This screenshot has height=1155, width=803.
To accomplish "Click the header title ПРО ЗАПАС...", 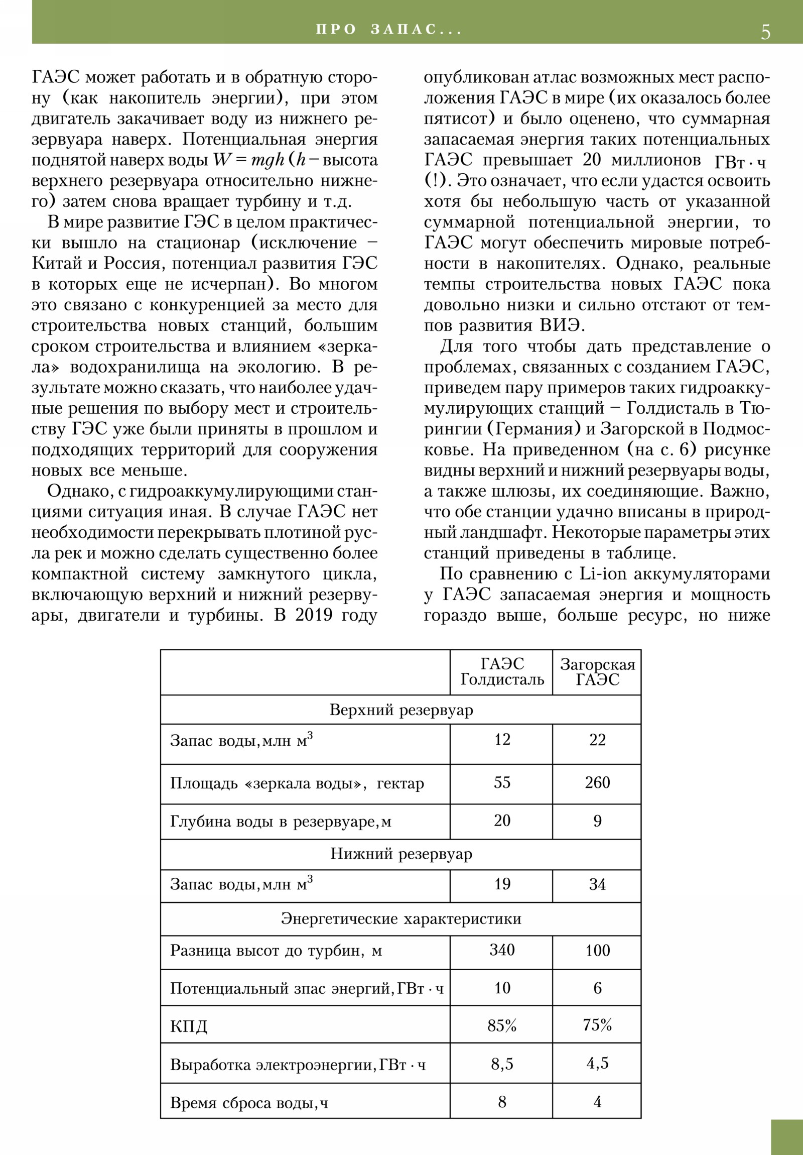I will [388, 30].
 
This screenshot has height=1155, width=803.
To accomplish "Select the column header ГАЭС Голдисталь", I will [502, 672].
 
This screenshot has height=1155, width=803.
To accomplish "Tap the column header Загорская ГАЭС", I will [597, 672].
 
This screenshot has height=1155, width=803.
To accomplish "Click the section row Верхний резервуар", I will [400, 710].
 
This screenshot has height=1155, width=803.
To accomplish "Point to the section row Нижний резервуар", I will [400, 854].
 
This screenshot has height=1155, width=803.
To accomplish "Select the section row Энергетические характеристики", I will [400, 918].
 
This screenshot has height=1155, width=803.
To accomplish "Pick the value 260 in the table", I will [597, 783].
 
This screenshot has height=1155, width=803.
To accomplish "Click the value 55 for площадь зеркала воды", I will [502, 783].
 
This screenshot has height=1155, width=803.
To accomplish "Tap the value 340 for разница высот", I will [502, 950].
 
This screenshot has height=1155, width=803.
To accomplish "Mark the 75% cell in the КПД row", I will [597, 1025].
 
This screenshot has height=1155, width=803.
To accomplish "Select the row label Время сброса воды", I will [249, 1103].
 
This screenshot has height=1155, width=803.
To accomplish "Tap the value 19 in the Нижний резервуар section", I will [502, 884].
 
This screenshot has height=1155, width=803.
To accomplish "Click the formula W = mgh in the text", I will [248, 160].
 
